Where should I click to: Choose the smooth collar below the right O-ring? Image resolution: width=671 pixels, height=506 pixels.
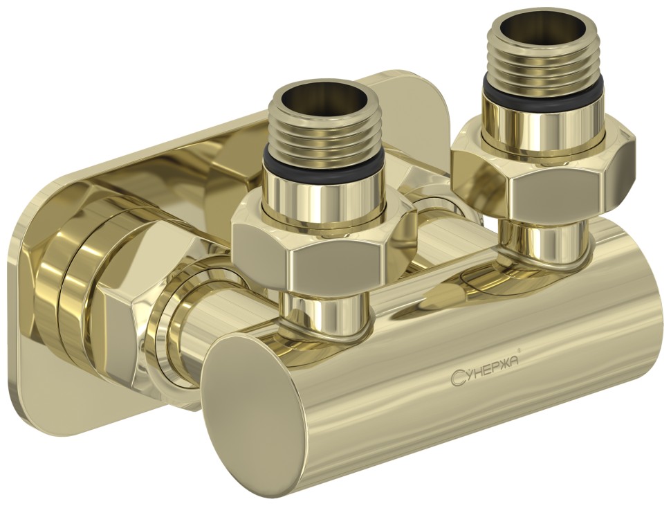pos(544,111)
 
